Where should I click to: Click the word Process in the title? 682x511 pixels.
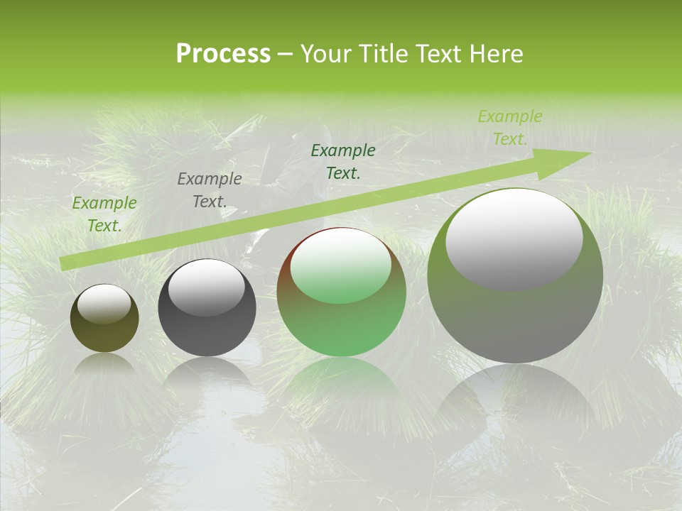223,54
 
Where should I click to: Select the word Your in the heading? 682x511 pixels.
324,54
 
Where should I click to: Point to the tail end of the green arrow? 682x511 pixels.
64,263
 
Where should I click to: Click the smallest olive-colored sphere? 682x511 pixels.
104,319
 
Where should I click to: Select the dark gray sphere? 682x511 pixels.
207,308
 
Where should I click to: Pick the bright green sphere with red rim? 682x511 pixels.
342,292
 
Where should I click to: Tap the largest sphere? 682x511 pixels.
515,276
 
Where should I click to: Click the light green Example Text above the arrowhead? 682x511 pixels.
509,128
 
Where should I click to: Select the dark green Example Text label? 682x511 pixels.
343,162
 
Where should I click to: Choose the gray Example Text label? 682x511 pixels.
210,190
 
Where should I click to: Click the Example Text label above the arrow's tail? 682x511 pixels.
104,214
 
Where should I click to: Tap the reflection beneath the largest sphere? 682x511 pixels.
515,397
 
